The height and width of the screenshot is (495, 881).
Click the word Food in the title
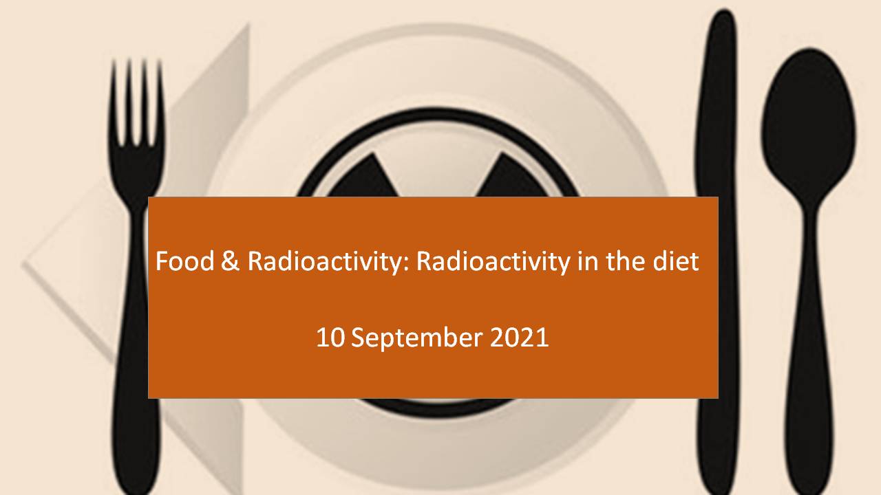[x=185, y=261]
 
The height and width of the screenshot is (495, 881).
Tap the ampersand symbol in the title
[x=230, y=261]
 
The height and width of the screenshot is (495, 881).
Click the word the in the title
[x=626, y=261]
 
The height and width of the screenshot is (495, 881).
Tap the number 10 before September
[x=330, y=338]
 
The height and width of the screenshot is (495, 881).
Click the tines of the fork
[x=136, y=103]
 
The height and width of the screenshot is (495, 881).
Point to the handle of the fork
[x=137, y=353]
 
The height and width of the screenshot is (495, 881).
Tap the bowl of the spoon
[x=809, y=125]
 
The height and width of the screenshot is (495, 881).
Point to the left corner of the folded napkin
[x=24, y=264]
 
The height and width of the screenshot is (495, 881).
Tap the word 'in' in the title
[x=588, y=261]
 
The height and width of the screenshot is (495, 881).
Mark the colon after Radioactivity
[x=407, y=264]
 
